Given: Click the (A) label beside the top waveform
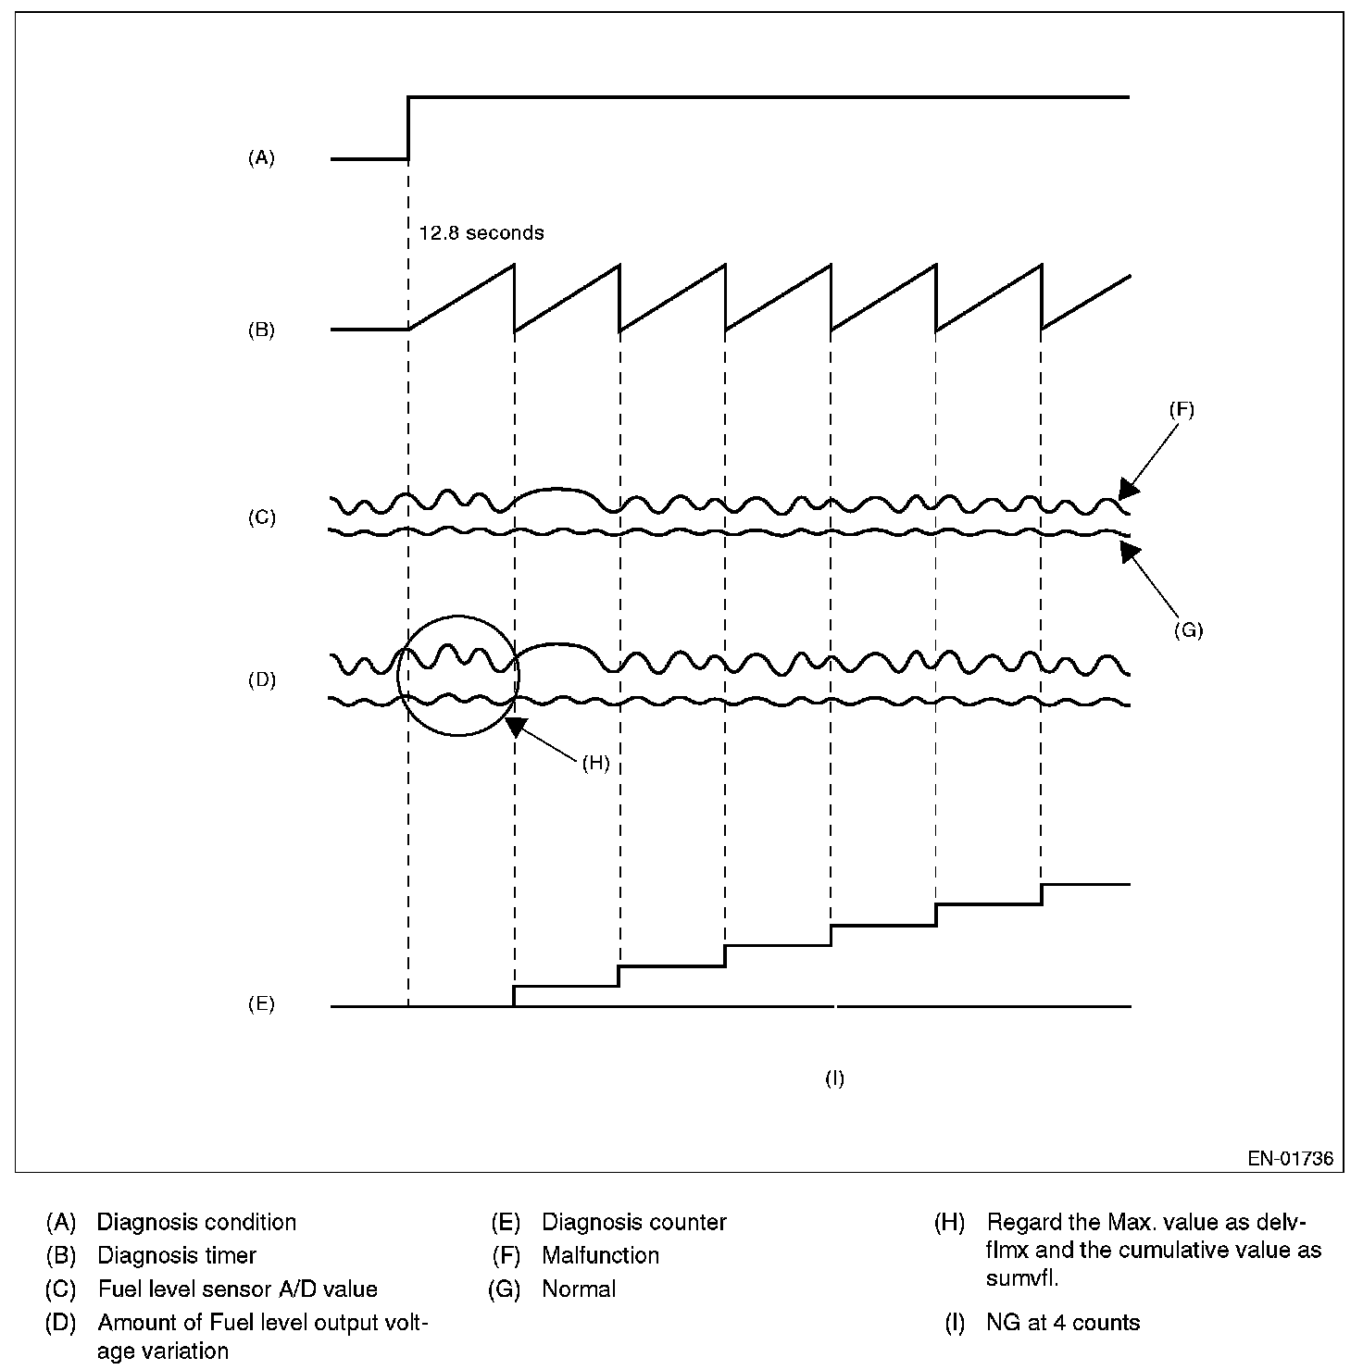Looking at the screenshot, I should [x=261, y=158].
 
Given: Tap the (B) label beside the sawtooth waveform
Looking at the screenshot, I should [x=261, y=330].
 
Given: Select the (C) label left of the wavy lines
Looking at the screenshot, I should [x=261, y=517].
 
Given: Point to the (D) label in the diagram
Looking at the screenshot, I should [x=261, y=679].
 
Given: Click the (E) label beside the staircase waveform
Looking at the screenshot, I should [x=261, y=1003].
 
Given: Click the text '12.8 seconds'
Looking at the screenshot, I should [x=481, y=233].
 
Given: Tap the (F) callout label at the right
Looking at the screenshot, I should [x=1182, y=410].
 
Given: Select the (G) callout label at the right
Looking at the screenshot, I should [x=1188, y=630].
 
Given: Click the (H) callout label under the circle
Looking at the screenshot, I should [x=595, y=763].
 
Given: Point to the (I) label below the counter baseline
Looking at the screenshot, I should [x=834, y=1078].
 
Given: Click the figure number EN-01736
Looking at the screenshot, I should [x=1290, y=1158].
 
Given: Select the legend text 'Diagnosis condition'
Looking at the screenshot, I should [x=196, y=1222].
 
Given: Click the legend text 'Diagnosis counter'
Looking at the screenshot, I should [x=634, y=1222].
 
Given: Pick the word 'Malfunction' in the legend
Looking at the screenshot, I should [x=601, y=1255].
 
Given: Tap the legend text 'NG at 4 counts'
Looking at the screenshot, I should [x=1063, y=1323].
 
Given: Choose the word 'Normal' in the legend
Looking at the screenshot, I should [x=579, y=1289].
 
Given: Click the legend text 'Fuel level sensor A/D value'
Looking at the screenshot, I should [x=238, y=1289].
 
